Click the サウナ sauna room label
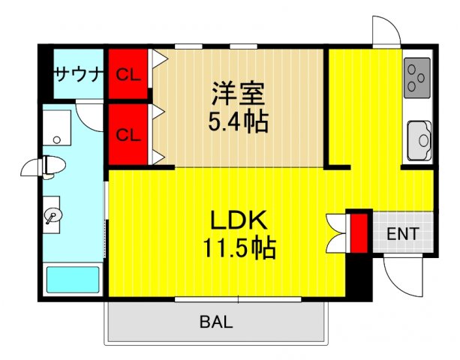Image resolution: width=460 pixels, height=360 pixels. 77,73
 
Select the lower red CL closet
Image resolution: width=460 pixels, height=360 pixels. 128,134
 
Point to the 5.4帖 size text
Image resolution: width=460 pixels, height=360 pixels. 238,121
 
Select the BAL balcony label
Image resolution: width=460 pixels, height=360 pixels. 216,323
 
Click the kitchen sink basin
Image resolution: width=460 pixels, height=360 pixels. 419,139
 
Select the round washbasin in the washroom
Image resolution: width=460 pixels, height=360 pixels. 53,215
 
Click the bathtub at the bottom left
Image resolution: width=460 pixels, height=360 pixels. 73,279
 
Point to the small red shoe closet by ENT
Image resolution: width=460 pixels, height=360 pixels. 359,232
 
